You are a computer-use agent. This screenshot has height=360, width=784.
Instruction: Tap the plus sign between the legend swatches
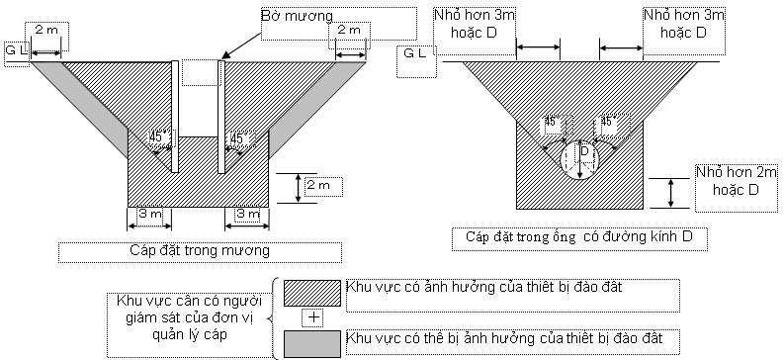(x=314, y=316)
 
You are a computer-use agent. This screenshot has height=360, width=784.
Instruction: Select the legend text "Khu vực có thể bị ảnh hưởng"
(x=509, y=340)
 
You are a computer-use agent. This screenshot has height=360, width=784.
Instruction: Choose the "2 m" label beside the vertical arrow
(x=317, y=185)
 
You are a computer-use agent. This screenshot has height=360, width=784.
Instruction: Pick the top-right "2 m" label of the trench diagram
(x=348, y=31)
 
